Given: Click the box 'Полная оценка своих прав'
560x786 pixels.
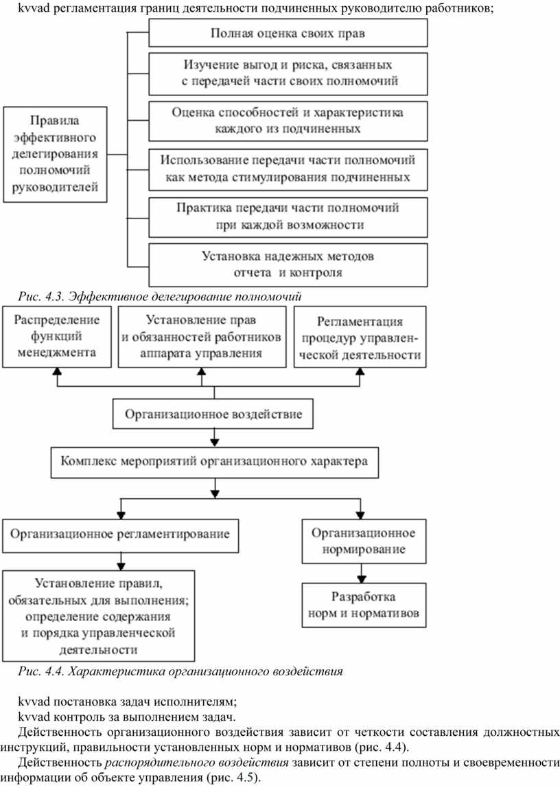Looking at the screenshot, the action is point(288,33).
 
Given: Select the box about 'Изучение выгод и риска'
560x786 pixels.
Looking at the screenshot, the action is point(288,74).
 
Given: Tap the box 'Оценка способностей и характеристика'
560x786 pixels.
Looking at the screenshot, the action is point(288,121).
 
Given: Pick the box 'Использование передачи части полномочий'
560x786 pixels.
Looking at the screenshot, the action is point(288,170).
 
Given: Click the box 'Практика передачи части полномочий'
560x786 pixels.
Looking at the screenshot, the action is point(288,216).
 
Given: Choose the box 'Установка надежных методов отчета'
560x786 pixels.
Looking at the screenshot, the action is point(288,265).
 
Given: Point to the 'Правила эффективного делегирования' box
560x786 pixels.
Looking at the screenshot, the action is point(55,155).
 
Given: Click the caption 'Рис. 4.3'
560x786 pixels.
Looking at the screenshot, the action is point(160,296).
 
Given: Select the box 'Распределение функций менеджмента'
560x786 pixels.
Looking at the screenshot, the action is point(56,337).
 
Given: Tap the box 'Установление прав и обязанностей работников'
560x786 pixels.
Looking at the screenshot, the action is point(202,337).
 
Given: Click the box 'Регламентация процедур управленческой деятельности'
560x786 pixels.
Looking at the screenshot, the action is point(360,337).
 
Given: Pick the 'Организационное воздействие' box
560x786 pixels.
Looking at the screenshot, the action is point(213,414).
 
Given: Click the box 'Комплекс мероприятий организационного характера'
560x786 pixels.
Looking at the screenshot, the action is point(214,462).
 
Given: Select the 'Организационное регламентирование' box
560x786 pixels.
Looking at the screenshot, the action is point(120,535).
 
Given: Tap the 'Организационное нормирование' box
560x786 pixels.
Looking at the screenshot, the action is point(364,541).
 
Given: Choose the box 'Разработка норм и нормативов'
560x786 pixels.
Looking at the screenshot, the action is point(364,605).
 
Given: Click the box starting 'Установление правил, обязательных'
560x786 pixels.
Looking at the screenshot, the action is point(98,616).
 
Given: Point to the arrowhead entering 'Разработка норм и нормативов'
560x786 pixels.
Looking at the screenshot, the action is point(361,579).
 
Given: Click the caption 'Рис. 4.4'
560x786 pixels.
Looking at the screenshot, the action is point(180,671).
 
